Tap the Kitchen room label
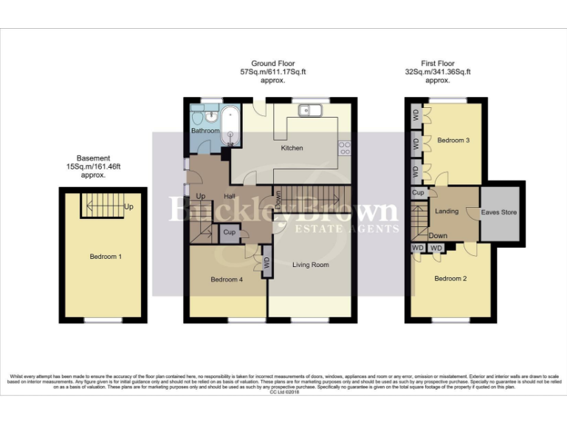[292, 149]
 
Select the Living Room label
[310, 264]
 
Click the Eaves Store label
[499, 212]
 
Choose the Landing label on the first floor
[447, 212]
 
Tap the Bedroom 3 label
[453, 141]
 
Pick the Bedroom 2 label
[450, 279]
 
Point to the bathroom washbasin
[210, 116]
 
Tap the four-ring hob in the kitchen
[344, 148]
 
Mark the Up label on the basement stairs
[129, 206]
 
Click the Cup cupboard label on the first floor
[417, 193]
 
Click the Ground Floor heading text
[274, 64]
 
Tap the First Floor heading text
[438, 64]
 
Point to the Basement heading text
[93, 158]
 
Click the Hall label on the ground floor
[230, 196]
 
